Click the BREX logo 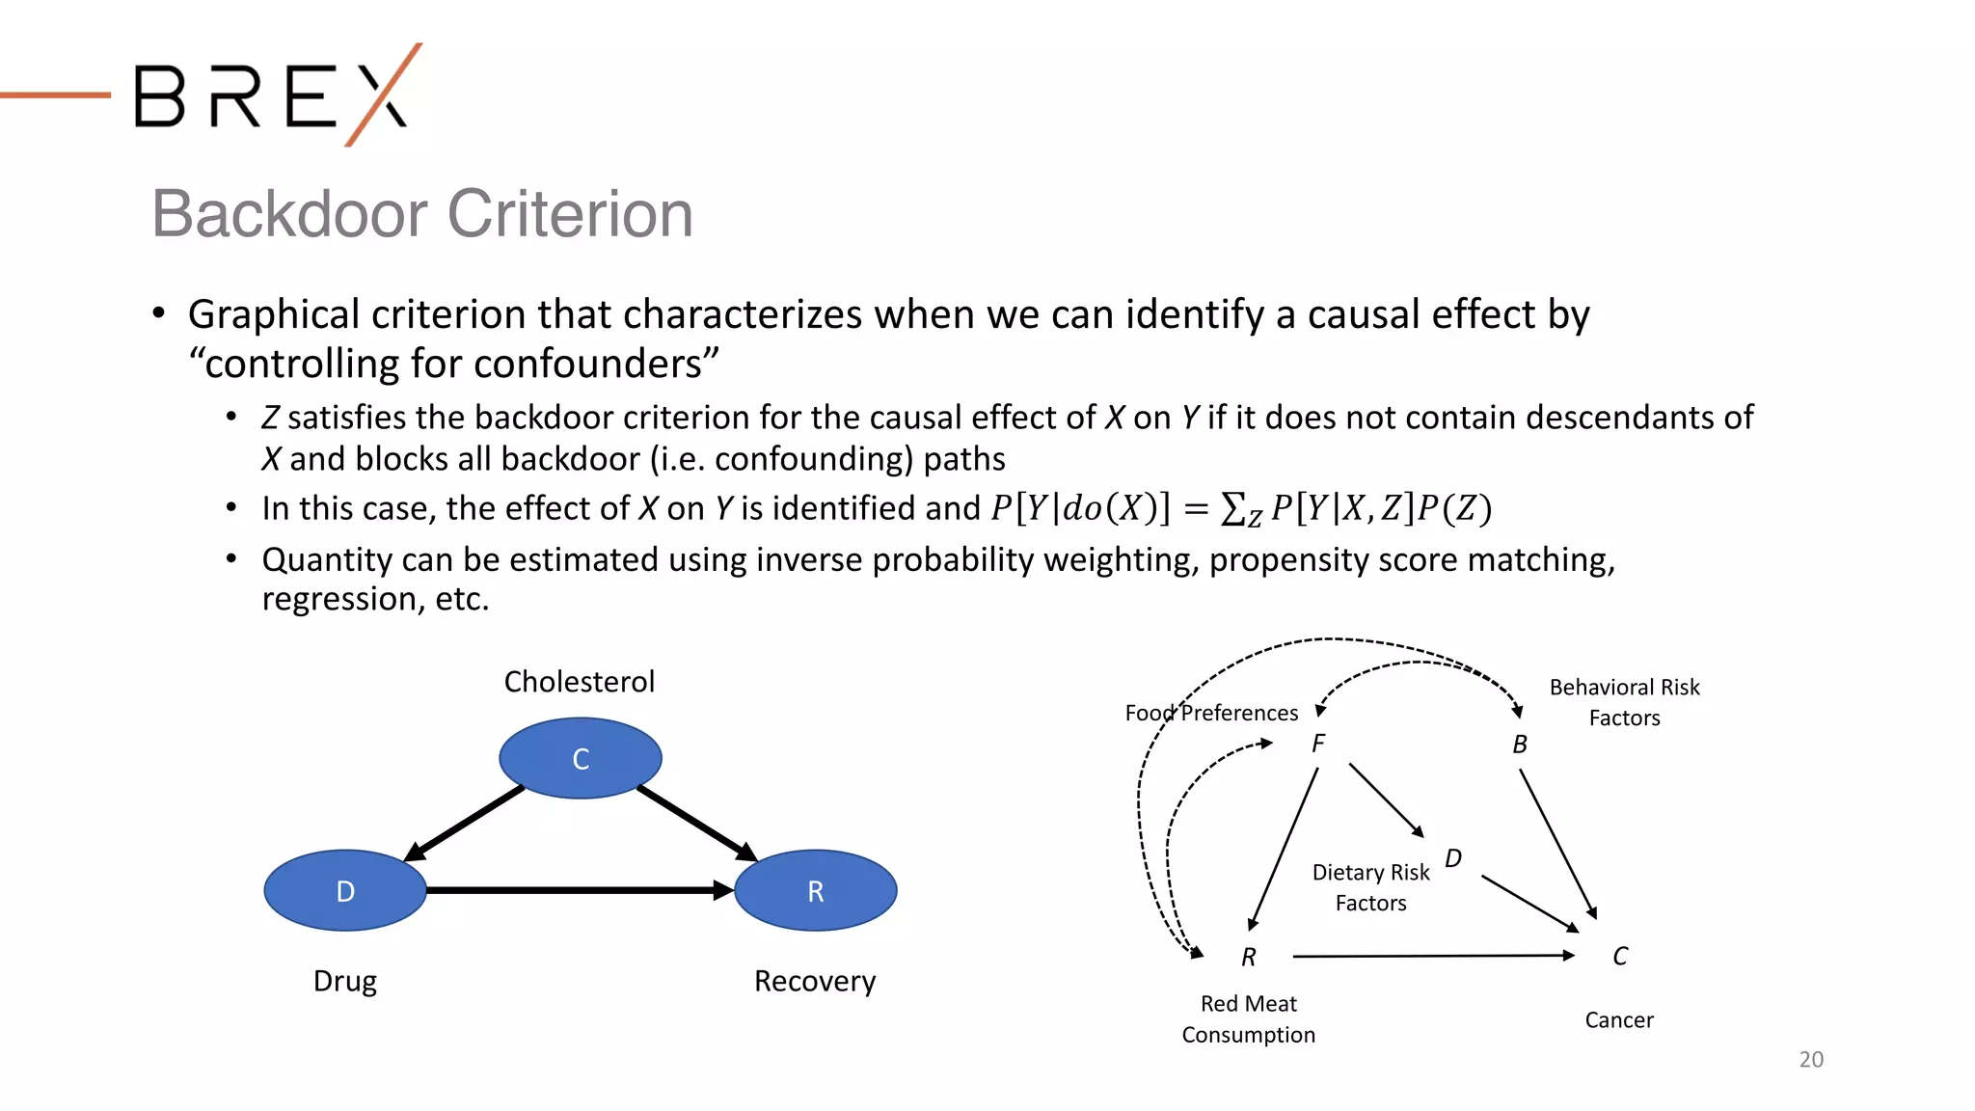pyautogui.click(x=275, y=95)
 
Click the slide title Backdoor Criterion pyautogui.click(x=422, y=214)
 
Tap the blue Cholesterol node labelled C pyautogui.click(x=581, y=758)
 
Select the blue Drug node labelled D pyautogui.click(x=345, y=890)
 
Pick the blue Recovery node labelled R pyautogui.click(x=816, y=890)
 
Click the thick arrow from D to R pyautogui.click(x=579, y=890)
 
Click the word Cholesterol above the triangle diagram pyautogui.click(x=580, y=682)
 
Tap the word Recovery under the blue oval pyautogui.click(x=815, y=981)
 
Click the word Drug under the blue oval pyautogui.click(x=345, y=981)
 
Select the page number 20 pyautogui.click(x=1811, y=1059)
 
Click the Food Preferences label pyautogui.click(x=1211, y=713)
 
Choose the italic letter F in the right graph pyautogui.click(x=1318, y=744)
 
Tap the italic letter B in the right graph pyautogui.click(x=1520, y=745)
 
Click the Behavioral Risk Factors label pyautogui.click(x=1624, y=702)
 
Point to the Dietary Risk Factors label pyautogui.click(x=1370, y=887)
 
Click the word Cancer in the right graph pyautogui.click(x=1619, y=1020)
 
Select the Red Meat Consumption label pyautogui.click(x=1248, y=1019)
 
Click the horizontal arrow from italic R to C pyautogui.click(x=1432, y=956)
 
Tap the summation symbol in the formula pyautogui.click(x=1232, y=508)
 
